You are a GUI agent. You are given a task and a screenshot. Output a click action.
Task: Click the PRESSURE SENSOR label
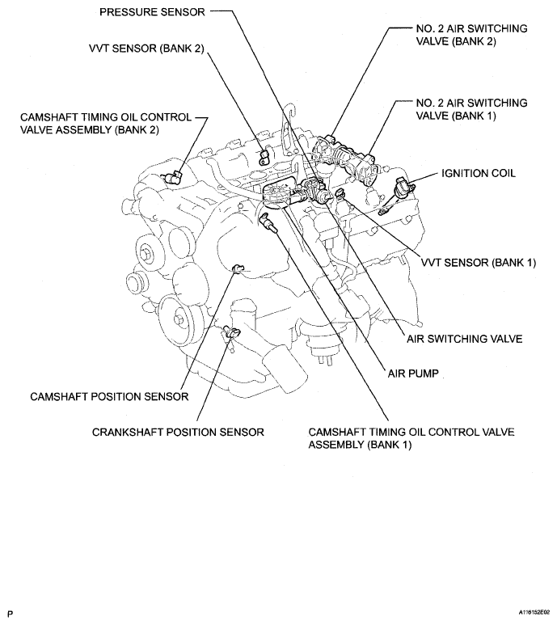(x=152, y=13)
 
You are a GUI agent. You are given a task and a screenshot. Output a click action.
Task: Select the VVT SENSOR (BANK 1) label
(x=479, y=263)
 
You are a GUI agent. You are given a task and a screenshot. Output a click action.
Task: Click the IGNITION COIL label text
(x=478, y=174)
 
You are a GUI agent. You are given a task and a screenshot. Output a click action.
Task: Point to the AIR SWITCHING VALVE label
(x=465, y=338)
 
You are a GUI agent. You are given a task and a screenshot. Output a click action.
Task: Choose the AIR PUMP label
(x=411, y=374)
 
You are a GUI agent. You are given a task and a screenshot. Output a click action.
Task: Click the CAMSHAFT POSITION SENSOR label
(x=109, y=396)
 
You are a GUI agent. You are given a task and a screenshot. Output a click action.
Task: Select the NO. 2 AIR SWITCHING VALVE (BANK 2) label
(x=470, y=36)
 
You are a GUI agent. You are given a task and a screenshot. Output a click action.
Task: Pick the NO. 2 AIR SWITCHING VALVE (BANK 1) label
(x=470, y=110)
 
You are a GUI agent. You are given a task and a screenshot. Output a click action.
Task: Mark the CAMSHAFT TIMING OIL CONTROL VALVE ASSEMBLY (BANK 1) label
(x=411, y=438)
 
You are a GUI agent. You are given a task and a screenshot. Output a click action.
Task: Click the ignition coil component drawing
(x=403, y=192)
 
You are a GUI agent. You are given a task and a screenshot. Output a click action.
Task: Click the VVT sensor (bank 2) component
(x=262, y=156)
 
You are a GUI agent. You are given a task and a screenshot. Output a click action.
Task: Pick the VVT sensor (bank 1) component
(x=343, y=194)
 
